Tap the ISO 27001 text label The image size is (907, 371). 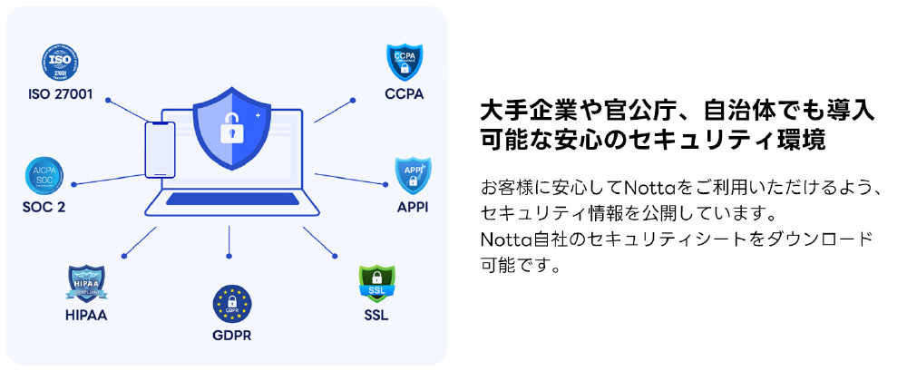tap(61, 93)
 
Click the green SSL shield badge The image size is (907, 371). tap(376, 283)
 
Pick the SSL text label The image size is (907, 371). tap(376, 315)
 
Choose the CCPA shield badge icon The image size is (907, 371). tap(404, 62)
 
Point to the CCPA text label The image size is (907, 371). tap(404, 93)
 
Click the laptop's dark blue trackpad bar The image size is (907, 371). tap(232, 199)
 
